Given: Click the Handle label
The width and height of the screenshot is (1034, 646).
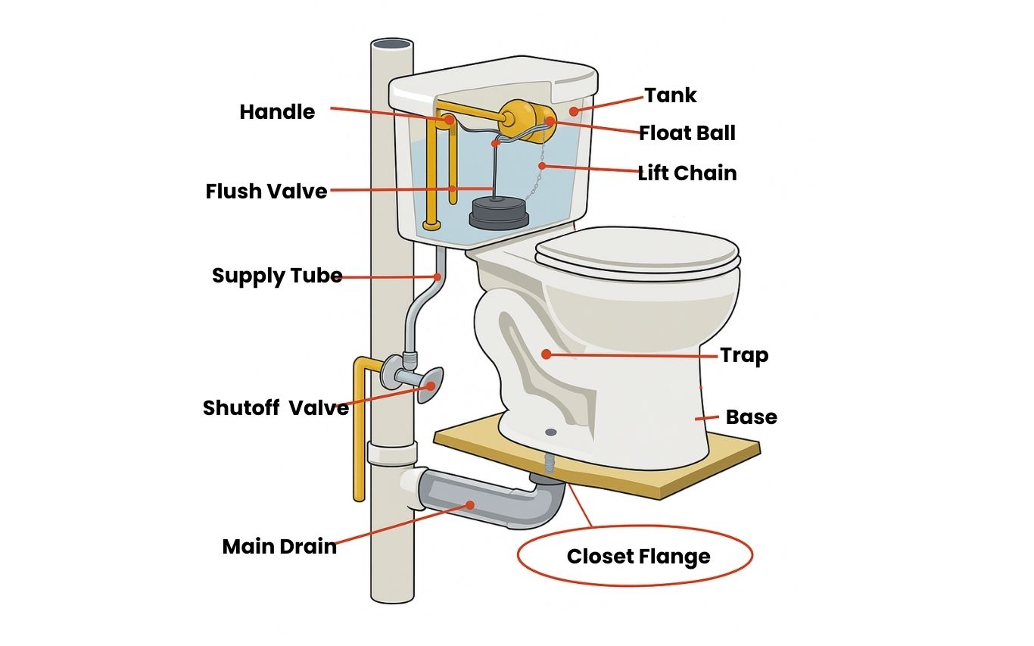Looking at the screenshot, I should coord(277,112).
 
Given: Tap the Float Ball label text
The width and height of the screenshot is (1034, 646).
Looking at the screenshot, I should coord(687,134).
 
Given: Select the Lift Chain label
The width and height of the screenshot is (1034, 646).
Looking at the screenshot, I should coord(687,173).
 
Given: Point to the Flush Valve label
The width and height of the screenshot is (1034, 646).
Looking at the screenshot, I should coord(266,192).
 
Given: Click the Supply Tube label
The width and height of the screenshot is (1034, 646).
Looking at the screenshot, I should coord(277,276).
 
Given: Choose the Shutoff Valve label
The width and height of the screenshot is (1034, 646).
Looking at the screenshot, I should coord(276,408).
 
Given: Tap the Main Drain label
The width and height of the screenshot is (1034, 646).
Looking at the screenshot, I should coord(279,547).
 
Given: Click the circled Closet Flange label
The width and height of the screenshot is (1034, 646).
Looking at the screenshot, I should coord(638,557).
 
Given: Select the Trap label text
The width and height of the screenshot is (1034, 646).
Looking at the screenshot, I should coord(744,355).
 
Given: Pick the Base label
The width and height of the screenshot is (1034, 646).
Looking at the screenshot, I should coord(751,417).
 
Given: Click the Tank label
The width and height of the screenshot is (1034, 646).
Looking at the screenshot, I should coord(671,95).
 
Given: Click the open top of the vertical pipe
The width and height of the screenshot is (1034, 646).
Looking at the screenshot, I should coord(392,45).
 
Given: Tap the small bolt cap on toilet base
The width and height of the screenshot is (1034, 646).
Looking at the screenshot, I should coord(551,432).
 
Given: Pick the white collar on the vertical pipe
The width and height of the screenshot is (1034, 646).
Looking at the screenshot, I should coord(392,453).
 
